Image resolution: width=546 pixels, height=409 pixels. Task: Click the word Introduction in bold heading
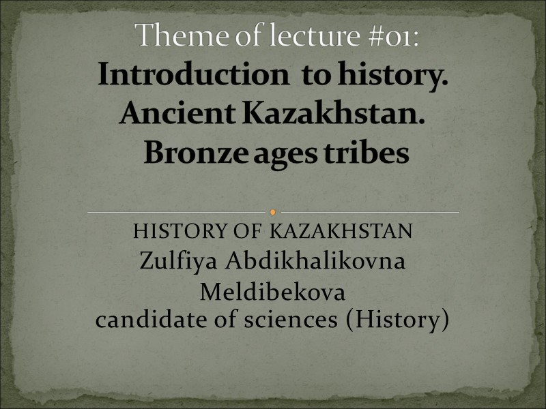pos(193,75)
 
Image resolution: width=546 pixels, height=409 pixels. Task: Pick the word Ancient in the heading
pos(177,114)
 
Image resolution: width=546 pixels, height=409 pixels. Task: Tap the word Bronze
pos(197,153)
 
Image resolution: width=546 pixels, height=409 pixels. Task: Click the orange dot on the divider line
pos(273,212)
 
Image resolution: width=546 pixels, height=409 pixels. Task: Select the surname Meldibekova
pos(272,293)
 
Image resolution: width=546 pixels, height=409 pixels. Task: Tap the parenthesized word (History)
pos(398,320)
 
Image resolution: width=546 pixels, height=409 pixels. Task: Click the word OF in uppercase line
pos(248,232)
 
